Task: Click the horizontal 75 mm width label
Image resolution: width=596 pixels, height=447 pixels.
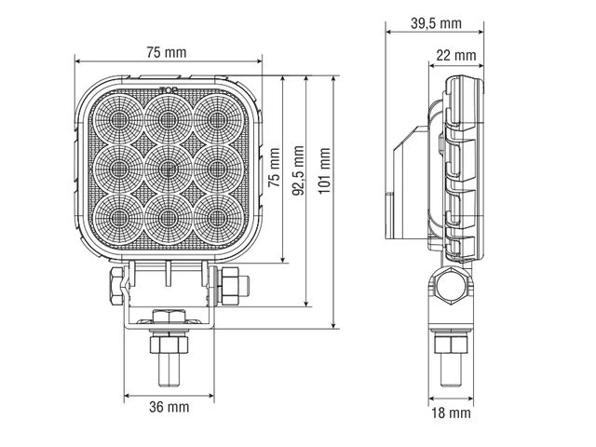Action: click(167, 53)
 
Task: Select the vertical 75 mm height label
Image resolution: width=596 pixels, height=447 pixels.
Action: click(275, 169)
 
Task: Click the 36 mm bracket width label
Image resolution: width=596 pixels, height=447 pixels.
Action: click(169, 407)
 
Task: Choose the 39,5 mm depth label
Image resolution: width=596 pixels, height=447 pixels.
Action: click(436, 23)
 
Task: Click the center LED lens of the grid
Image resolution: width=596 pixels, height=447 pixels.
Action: click(169, 167)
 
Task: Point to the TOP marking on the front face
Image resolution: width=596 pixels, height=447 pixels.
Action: click(168, 91)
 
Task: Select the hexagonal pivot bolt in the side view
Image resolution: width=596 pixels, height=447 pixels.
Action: click(450, 289)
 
